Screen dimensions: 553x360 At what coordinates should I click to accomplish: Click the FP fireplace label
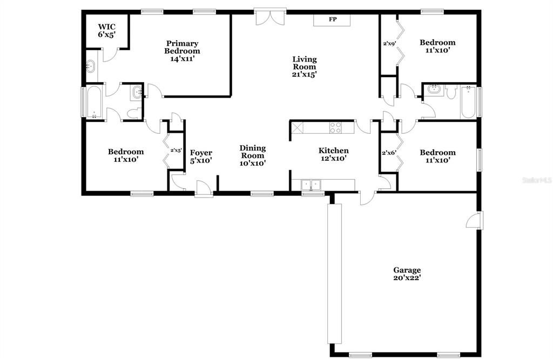tap(333, 19)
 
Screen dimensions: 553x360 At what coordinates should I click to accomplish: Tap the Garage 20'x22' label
tap(407, 274)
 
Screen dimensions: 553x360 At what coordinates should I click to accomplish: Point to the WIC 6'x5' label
tap(107, 31)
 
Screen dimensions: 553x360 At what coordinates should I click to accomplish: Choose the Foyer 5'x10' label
tap(201, 157)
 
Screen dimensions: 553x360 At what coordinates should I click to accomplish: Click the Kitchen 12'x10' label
tap(334, 154)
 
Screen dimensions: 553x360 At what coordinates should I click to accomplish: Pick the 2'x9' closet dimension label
tap(389, 44)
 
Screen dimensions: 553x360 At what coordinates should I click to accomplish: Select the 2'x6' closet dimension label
tap(389, 153)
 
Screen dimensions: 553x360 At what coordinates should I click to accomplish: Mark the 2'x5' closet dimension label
tap(176, 150)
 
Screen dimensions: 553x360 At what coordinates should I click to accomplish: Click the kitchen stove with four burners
tap(335, 127)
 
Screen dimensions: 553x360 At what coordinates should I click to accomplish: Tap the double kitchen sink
tap(311, 185)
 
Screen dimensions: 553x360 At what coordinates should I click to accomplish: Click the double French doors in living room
tap(270, 18)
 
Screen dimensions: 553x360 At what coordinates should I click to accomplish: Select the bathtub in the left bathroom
tap(94, 102)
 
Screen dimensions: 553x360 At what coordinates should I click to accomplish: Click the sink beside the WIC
tap(91, 66)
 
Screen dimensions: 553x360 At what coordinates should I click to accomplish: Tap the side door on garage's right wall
tap(475, 220)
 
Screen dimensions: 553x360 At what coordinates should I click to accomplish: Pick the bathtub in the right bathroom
tap(468, 102)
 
